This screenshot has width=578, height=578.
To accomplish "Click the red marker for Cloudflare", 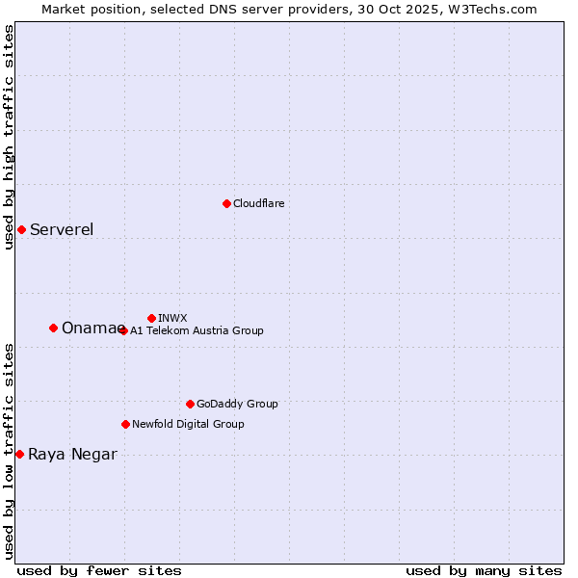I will click(226, 203).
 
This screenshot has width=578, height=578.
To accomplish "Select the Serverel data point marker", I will click(21, 229).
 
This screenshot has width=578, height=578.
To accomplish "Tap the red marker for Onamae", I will click(53, 328).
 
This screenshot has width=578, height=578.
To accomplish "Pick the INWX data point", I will click(151, 318).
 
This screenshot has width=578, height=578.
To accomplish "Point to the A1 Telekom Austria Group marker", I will click(123, 330).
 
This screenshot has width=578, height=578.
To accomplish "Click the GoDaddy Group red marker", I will click(190, 404).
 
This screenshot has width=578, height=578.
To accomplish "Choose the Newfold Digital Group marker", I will click(125, 424).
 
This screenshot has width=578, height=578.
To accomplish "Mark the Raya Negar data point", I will click(19, 454).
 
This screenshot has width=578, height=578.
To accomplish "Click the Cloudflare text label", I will click(258, 203).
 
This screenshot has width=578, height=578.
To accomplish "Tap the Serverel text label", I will click(62, 229).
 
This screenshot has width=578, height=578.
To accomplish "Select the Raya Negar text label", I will click(72, 455).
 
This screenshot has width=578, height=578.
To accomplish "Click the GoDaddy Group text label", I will click(237, 404).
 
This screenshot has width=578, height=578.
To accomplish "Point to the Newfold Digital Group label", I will click(188, 424).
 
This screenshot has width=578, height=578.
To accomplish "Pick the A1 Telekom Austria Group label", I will click(197, 330).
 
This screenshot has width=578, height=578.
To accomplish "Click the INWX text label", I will click(172, 318).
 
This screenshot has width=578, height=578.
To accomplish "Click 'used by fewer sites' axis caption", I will click(99, 570).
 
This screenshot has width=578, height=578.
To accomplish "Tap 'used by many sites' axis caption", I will click(484, 570).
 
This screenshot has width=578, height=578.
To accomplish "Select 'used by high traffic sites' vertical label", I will click(9, 137).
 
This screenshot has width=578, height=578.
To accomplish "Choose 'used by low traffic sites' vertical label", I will click(9, 451).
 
